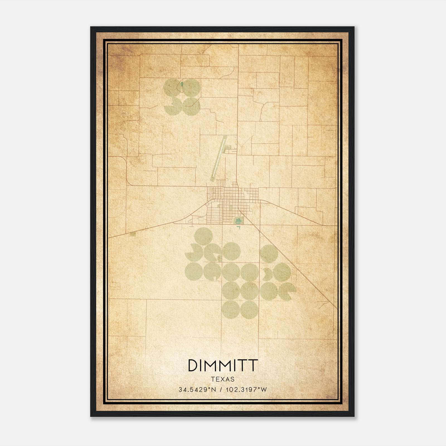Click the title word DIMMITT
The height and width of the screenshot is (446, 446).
(x=223, y=365)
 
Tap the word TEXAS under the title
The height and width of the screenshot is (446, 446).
(x=223, y=379)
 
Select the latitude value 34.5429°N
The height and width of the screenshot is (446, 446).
(x=197, y=390)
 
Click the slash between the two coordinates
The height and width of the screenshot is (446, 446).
(x=220, y=390)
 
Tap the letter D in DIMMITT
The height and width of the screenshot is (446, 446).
(x=193, y=365)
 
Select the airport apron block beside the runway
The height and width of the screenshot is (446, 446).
(x=230, y=151)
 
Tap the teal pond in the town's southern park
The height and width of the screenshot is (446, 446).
(x=238, y=221)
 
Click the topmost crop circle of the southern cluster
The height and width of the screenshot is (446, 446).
(x=204, y=236)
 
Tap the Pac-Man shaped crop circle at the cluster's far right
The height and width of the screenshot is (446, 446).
(x=287, y=290)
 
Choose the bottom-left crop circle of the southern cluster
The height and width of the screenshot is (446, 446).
(x=231, y=309)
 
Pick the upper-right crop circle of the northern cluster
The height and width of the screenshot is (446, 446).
(x=192, y=87)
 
